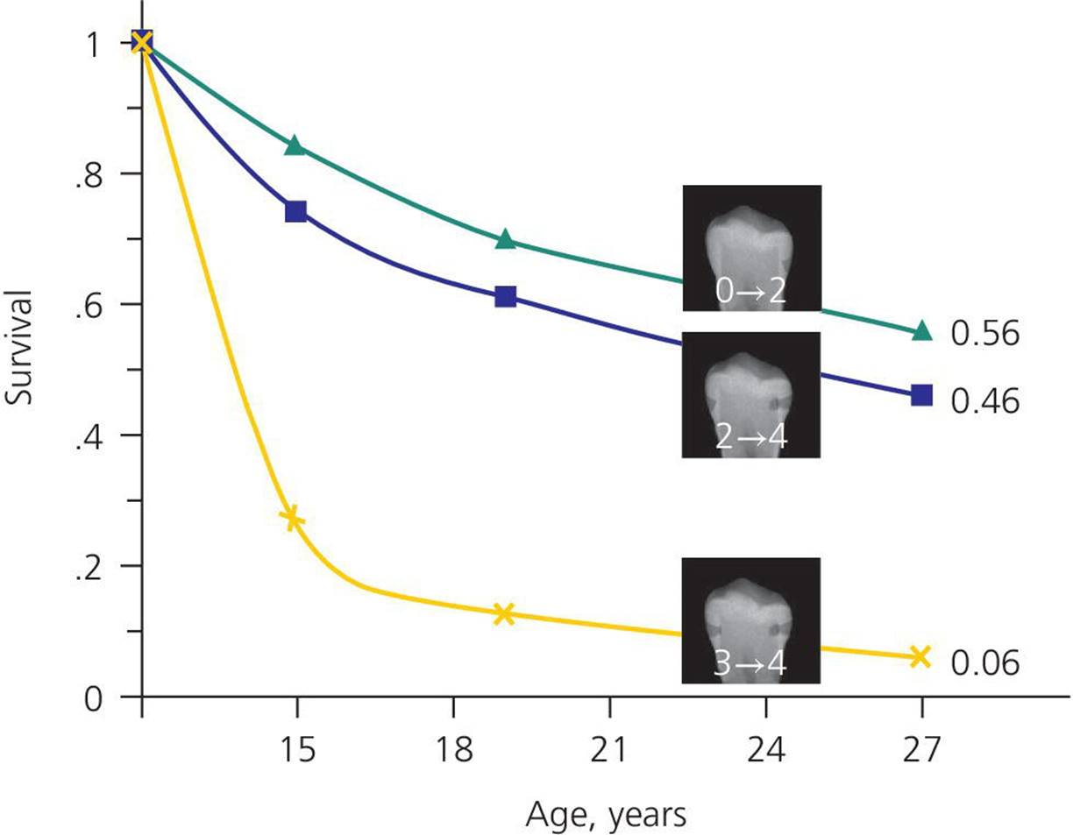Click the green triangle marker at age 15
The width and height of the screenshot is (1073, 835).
coord(295,145)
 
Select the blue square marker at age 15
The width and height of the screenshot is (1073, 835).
coord(295,211)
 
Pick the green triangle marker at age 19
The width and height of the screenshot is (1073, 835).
coord(504,239)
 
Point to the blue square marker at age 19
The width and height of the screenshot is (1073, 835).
coord(505,296)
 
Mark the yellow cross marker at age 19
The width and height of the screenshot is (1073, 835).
coord(503,613)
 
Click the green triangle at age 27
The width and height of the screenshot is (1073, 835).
coord(921,331)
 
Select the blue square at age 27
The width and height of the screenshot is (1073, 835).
coord(921,395)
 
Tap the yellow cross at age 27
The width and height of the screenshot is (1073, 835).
coord(920,657)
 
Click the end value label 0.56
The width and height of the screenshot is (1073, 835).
coord(985,334)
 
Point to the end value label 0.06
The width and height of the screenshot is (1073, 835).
coord(985,663)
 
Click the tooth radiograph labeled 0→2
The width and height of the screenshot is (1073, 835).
coord(751,248)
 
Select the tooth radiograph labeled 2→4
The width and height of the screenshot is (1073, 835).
coord(751,394)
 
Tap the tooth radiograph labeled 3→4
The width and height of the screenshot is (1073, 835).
coord(751,620)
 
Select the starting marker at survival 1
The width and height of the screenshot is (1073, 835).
coord(142,41)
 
